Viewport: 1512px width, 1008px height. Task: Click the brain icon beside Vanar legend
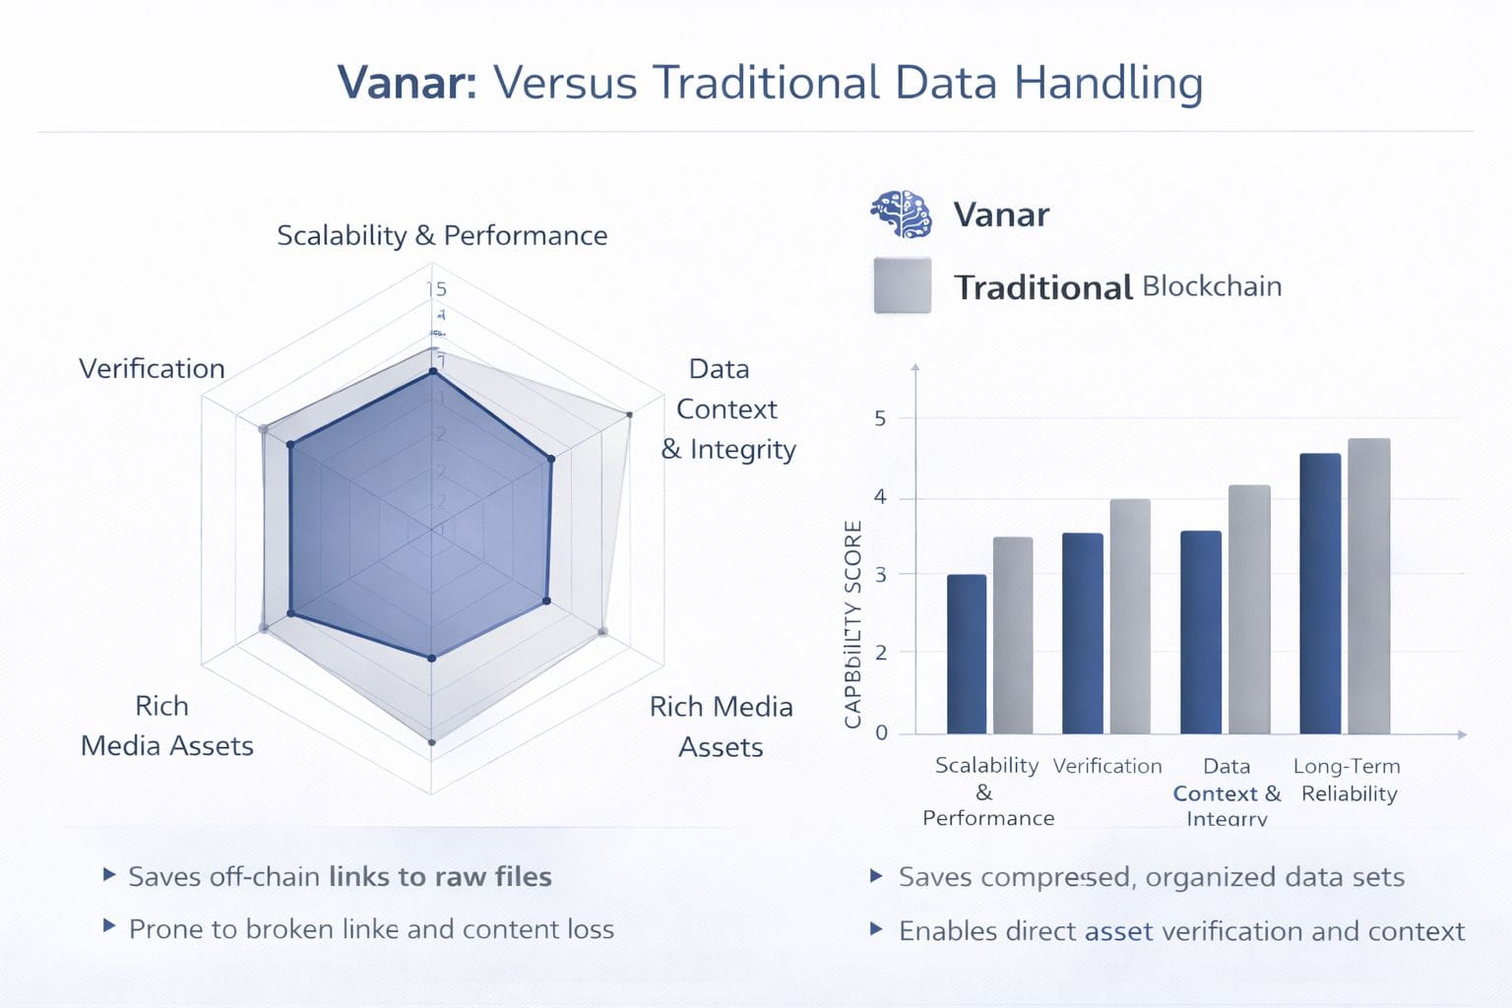(x=901, y=214)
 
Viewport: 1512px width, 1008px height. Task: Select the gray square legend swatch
(x=902, y=285)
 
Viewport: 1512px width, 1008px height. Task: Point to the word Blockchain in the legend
(x=1212, y=286)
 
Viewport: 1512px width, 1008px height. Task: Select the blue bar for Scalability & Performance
(x=966, y=654)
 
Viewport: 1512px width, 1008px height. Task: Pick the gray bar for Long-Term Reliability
(x=1368, y=586)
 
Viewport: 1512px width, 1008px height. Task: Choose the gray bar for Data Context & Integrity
(x=1249, y=609)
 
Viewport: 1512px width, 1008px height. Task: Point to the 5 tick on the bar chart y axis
(x=880, y=418)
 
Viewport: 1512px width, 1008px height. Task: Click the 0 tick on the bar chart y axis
(x=880, y=732)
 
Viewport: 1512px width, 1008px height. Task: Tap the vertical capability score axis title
(x=853, y=624)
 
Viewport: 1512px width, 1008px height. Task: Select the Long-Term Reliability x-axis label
(x=1348, y=780)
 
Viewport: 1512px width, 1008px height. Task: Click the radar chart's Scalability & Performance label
(x=442, y=235)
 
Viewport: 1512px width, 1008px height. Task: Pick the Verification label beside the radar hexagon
(x=152, y=368)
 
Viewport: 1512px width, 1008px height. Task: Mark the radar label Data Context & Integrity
(x=727, y=409)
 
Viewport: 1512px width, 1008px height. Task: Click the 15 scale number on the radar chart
(x=436, y=288)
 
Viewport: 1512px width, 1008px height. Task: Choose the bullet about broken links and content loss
(x=371, y=929)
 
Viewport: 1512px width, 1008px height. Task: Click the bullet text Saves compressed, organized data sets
(x=1151, y=877)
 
